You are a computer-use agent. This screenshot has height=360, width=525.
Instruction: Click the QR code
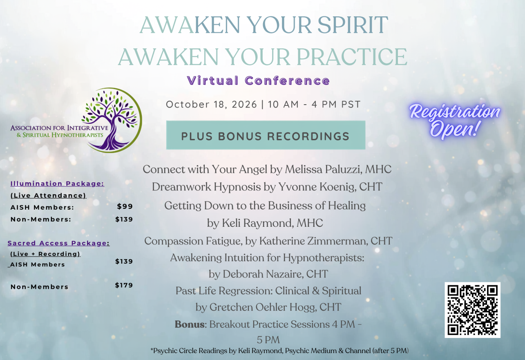(x=472, y=310)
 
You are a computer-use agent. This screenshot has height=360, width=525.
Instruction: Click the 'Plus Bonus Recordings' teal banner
(x=266, y=135)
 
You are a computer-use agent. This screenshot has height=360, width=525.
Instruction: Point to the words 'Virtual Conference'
(x=259, y=80)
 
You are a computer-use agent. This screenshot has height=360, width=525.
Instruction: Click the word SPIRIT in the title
(x=353, y=25)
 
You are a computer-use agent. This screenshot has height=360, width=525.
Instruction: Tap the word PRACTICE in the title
(x=352, y=57)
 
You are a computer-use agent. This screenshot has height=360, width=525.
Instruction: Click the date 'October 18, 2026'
(x=211, y=104)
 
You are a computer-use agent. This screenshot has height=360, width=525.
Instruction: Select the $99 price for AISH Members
(x=125, y=206)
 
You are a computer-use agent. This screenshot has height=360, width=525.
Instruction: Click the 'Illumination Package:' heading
(x=57, y=183)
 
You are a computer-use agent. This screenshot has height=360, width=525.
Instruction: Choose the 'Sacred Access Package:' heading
(x=58, y=243)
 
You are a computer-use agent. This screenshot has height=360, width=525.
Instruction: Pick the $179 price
(x=124, y=285)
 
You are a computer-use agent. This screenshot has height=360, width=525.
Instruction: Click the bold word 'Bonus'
(x=190, y=324)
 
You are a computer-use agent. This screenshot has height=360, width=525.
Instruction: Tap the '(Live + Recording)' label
(x=45, y=254)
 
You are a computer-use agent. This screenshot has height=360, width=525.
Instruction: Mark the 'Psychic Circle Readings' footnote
(x=279, y=351)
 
